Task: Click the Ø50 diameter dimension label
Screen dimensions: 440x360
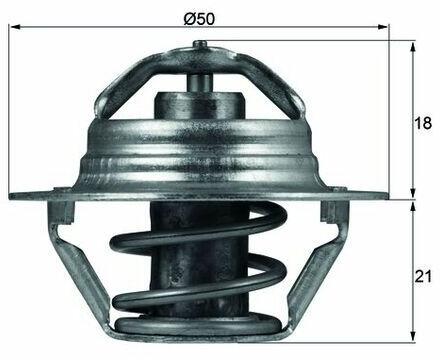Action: [199, 19]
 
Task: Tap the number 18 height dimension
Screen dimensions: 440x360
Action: [423, 123]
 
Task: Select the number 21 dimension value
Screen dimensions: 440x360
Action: [423, 276]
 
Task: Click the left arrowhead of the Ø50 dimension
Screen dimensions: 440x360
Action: [15, 27]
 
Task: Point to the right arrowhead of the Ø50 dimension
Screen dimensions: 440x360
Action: [383, 27]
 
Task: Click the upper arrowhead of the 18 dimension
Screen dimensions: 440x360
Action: [413, 47]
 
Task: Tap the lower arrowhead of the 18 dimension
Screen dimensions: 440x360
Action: [413, 193]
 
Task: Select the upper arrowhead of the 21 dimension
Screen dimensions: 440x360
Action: [413, 207]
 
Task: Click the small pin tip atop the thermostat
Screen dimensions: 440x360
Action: [200, 44]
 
